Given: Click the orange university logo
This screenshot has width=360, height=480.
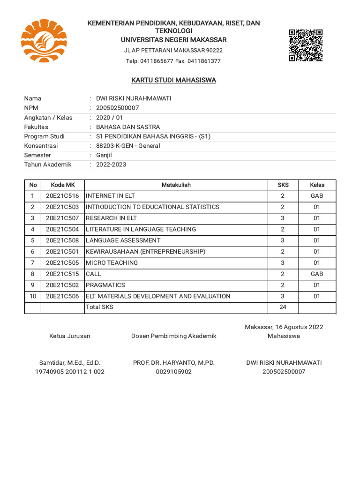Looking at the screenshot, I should (44, 41).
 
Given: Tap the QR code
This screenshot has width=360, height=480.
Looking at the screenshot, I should (305, 45).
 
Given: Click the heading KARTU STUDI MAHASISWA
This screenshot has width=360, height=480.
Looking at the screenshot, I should (173, 80).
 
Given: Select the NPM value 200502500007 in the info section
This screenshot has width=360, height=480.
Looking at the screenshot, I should (117, 108).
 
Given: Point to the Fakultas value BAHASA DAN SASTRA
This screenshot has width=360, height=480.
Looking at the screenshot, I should (127, 127).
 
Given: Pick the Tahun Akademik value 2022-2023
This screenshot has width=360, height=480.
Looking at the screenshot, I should (111, 165).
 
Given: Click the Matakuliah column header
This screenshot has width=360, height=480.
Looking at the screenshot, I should (176, 185).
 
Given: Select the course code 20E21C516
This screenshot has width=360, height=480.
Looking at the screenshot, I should (62, 196).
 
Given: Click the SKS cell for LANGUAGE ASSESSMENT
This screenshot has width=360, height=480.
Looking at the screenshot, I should (283, 240).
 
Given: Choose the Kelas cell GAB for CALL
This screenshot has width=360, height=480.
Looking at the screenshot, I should (317, 274).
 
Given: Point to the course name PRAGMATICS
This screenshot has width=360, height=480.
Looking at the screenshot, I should (105, 285).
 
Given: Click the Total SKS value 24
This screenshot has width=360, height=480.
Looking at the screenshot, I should (283, 307).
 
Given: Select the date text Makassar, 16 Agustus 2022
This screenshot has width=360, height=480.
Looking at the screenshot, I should (284, 327).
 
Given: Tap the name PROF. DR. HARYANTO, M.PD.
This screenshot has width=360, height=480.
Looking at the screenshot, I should (173, 363).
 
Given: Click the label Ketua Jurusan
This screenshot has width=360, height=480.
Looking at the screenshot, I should (70, 336).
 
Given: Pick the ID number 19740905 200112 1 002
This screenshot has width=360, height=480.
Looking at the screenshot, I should (70, 372).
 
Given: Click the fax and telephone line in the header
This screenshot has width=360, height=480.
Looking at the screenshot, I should (173, 61).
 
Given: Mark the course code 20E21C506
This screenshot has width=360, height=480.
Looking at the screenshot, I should (62, 296).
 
